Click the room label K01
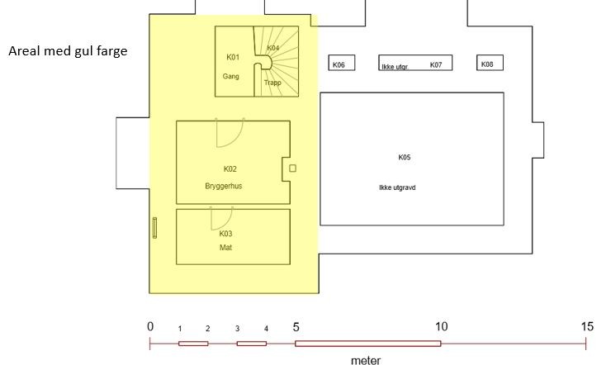click(x=232, y=57)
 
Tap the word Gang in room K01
click(x=230, y=76)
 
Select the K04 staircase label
click(x=273, y=48)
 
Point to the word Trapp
click(x=272, y=83)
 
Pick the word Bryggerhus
click(x=224, y=186)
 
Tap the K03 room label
click(x=225, y=234)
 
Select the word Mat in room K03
click(x=225, y=248)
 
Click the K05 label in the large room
click(x=405, y=157)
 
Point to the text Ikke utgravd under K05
click(x=397, y=187)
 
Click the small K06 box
click(x=339, y=64)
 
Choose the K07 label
click(x=436, y=64)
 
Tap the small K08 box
click(x=487, y=64)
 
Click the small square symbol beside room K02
click(x=292, y=168)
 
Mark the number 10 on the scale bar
click(x=441, y=327)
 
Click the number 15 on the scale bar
click(x=587, y=327)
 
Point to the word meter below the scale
click(x=366, y=360)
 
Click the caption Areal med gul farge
click(x=68, y=51)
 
